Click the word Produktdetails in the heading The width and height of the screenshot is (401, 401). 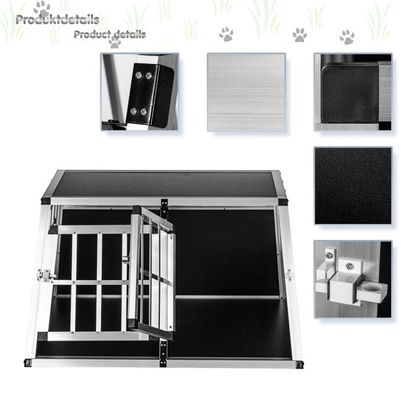pyautogui.click(x=58, y=20)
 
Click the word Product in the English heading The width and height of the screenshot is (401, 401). pyautogui.click(x=92, y=34)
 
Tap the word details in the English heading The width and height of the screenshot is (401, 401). pyautogui.click(x=130, y=34)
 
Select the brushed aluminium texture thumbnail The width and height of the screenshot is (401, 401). pyautogui.click(x=246, y=92)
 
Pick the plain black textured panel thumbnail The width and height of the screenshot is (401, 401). pyautogui.click(x=353, y=185)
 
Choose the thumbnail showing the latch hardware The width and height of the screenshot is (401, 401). pyautogui.click(x=353, y=280)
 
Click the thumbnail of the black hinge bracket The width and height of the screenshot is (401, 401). pyautogui.click(x=139, y=92)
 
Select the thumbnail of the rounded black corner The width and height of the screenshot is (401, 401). pyautogui.click(x=353, y=92)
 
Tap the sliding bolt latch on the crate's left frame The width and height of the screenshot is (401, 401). pyautogui.click(x=46, y=275)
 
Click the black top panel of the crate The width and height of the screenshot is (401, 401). pyautogui.click(x=164, y=184)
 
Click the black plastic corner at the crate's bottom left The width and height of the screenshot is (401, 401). pyautogui.click(x=28, y=363)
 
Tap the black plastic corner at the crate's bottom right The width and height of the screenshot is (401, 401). pyautogui.click(x=300, y=364)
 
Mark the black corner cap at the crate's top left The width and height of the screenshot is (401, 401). pyautogui.click(x=46, y=201)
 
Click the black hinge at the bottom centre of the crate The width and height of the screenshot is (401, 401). pyautogui.click(x=163, y=353)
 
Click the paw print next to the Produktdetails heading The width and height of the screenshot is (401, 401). pyautogui.click(x=42, y=9)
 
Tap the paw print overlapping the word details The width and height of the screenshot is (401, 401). pyautogui.click(x=115, y=42)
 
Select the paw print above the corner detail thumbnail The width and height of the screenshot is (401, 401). pyautogui.click(x=347, y=37)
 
